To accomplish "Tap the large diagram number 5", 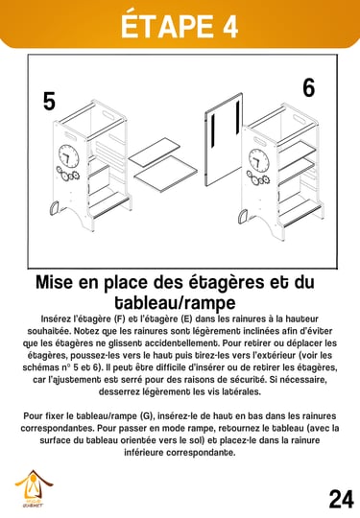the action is tap(49, 101).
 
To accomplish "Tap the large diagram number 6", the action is tap(309, 87).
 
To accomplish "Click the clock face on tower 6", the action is tap(258, 159).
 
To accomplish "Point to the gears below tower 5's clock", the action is tap(67, 174).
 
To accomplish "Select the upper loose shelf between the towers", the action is tap(154, 152).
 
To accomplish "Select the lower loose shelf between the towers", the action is tap(166, 174).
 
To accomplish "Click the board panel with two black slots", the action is tap(224, 139).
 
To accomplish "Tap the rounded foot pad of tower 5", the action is tap(54, 208).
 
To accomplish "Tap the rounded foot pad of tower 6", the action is tap(243, 217).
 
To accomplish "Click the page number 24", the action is tap(341, 499).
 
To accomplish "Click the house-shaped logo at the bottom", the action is tap(33, 488).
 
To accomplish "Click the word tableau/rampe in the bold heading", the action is tap(176, 302).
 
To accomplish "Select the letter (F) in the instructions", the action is tap(120, 319).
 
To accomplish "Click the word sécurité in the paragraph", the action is tap(246, 380).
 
